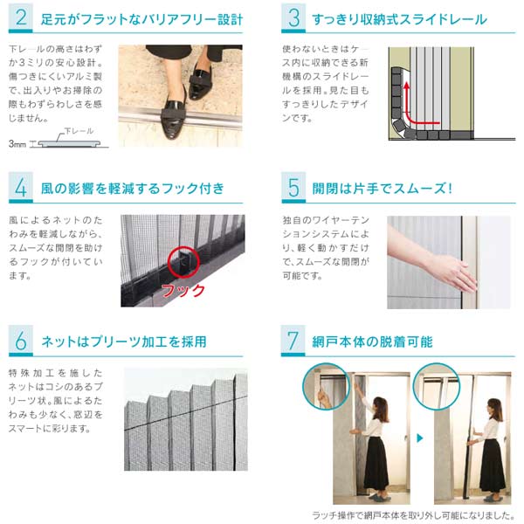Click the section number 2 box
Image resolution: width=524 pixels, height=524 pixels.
(x=21, y=17)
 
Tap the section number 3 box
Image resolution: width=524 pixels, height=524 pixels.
(x=293, y=17)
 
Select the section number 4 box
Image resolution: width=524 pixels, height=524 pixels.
(x=21, y=188)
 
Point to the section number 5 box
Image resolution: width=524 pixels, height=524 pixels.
(x=293, y=188)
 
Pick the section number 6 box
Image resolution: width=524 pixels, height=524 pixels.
(x=21, y=341)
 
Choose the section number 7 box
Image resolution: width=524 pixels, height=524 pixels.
(x=293, y=341)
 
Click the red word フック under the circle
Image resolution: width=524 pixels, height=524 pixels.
(x=183, y=290)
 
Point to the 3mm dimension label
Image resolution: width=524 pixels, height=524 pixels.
(x=17, y=144)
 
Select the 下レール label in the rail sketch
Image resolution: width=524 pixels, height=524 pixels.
(x=79, y=131)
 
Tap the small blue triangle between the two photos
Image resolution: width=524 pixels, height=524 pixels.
(x=420, y=438)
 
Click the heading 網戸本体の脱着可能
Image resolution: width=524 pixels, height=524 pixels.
(x=372, y=341)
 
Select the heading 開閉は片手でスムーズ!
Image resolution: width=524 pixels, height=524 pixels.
(x=383, y=189)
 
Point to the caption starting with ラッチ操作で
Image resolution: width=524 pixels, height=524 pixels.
(x=413, y=515)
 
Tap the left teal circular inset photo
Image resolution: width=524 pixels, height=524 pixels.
(x=326, y=386)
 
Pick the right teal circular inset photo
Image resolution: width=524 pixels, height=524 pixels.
(x=437, y=386)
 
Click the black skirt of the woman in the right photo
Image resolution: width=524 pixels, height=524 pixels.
(x=492, y=465)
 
